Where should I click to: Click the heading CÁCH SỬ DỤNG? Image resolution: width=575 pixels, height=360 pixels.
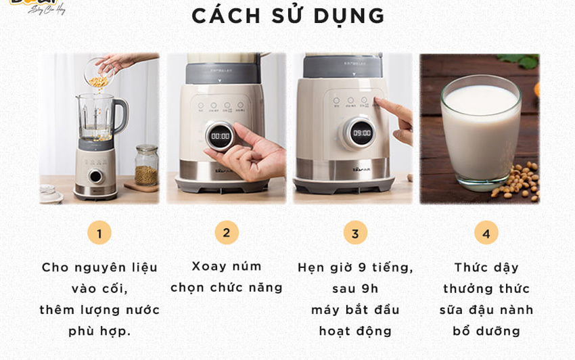[x=288, y=16]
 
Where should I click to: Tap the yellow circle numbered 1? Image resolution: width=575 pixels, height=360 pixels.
[x=99, y=233]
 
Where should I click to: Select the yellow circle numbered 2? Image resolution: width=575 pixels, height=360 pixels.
[x=227, y=233]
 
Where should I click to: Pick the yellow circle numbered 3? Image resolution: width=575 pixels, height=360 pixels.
[x=355, y=233]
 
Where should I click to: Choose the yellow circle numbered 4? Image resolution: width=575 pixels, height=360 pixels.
[x=486, y=233]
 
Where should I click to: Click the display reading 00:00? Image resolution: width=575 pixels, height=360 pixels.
[x=221, y=136]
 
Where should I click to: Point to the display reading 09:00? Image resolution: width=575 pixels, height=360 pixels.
[x=362, y=133]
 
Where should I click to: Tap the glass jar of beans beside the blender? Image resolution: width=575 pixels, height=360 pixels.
[x=146, y=166]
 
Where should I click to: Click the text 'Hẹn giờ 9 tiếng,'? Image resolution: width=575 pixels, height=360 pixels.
[x=355, y=267]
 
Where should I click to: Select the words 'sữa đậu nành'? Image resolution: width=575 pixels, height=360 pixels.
[x=486, y=310]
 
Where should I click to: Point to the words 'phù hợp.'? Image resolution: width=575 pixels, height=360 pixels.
[x=99, y=331]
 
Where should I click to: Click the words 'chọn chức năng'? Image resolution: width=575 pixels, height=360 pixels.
[x=227, y=288]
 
